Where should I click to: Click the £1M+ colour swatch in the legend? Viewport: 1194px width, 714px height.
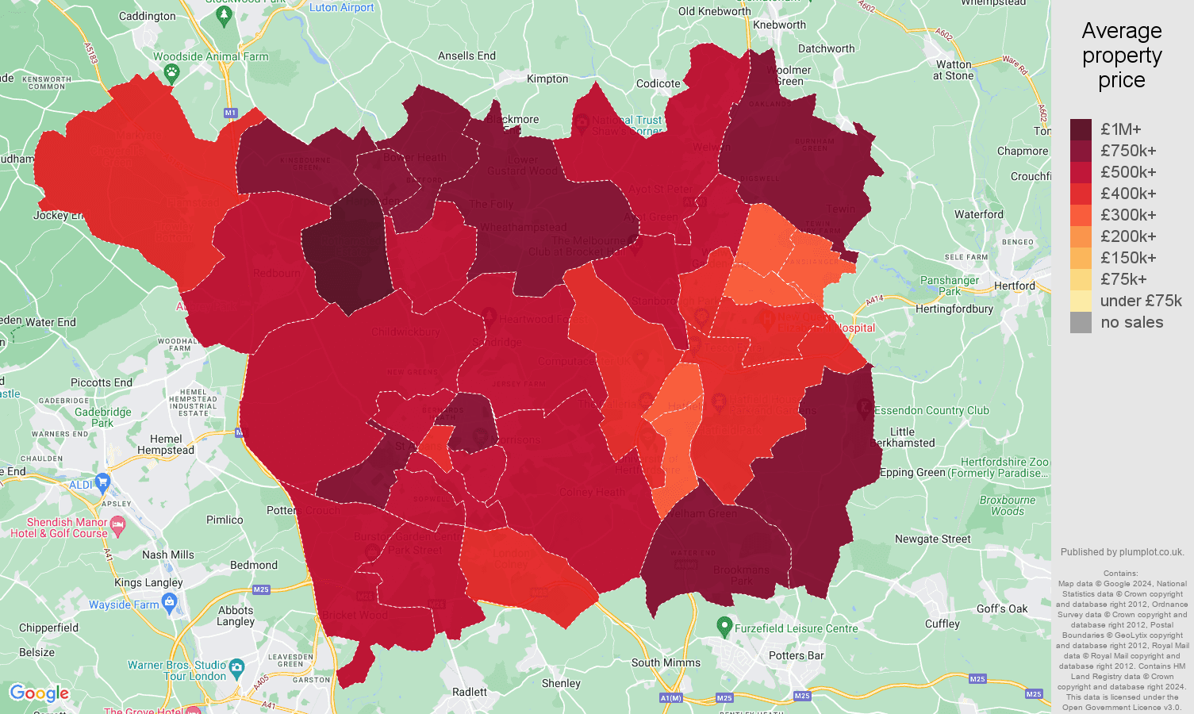click(x=1081, y=129)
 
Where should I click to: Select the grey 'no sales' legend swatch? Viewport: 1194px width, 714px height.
click(x=1081, y=322)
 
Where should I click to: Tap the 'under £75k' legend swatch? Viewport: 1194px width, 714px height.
click(x=1081, y=301)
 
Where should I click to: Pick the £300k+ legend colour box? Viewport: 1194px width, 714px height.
click(x=1081, y=215)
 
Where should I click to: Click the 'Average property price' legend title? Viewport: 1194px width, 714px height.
click(x=1121, y=56)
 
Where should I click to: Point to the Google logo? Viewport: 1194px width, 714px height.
click(x=39, y=693)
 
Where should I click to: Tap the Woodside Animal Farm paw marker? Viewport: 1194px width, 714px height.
click(x=171, y=72)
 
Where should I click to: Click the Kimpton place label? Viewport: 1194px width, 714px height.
click(x=547, y=79)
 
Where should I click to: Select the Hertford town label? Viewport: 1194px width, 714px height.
click(x=1015, y=286)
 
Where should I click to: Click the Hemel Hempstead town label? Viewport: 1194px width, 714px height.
click(x=166, y=444)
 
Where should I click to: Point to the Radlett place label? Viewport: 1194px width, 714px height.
click(x=470, y=692)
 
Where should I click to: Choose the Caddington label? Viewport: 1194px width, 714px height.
click(x=148, y=16)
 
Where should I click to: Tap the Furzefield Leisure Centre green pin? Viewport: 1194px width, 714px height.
click(x=724, y=627)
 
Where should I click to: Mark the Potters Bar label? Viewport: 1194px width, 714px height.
click(x=796, y=655)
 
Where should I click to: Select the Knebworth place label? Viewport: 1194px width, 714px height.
click(x=779, y=25)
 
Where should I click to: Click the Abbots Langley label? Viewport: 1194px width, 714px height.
click(x=236, y=616)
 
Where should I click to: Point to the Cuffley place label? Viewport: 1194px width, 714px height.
click(x=943, y=624)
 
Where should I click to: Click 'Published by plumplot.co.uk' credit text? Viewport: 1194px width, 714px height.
click(x=1122, y=552)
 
